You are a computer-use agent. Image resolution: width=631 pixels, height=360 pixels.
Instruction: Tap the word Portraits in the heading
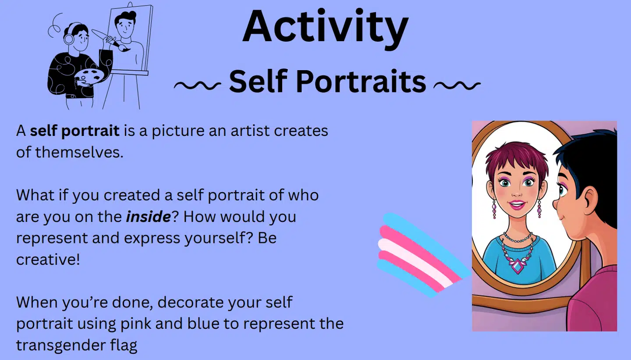pos(361,81)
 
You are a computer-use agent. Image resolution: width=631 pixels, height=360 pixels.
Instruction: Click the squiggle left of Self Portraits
pos(197,85)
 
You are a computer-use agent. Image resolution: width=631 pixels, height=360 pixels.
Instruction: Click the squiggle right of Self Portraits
pos(457,85)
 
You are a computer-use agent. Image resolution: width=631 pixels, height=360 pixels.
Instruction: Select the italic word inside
pos(148,217)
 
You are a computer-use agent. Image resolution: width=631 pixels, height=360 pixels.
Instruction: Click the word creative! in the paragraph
pos(48,259)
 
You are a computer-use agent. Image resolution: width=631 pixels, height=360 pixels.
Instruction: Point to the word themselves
pos(79,152)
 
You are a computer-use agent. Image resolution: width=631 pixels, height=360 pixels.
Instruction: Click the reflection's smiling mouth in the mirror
pos(517,205)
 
